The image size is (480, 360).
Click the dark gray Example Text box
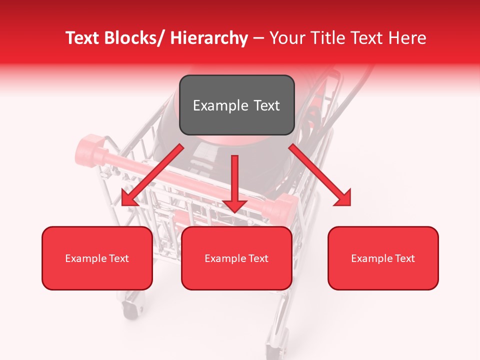[x=236, y=105]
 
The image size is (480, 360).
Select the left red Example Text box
[x=97, y=258]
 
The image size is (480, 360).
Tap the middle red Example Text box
[x=236, y=258]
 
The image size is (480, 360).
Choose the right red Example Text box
[x=383, y=258]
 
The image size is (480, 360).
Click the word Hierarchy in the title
[x=208, y=38]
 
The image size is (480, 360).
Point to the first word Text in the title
[x=82, y=38]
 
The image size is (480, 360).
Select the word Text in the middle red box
[x=257, y=258]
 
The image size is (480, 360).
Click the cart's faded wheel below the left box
[x=133, y=304]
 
